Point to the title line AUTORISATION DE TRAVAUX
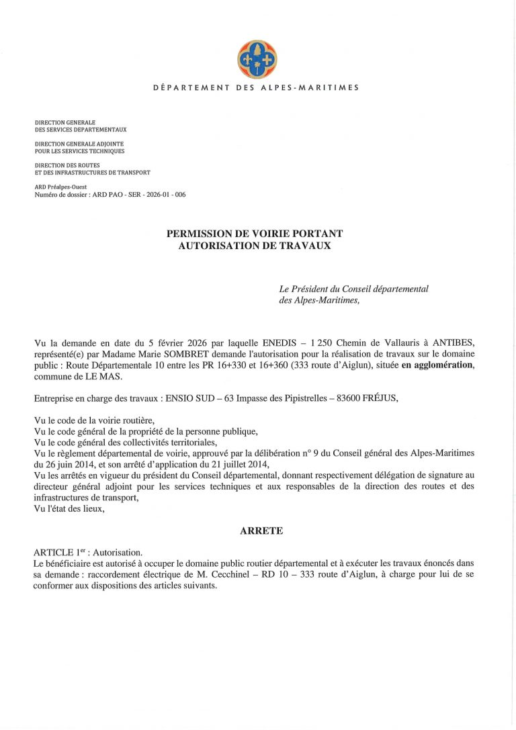point(255,246)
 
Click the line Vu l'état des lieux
point(69,508)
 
